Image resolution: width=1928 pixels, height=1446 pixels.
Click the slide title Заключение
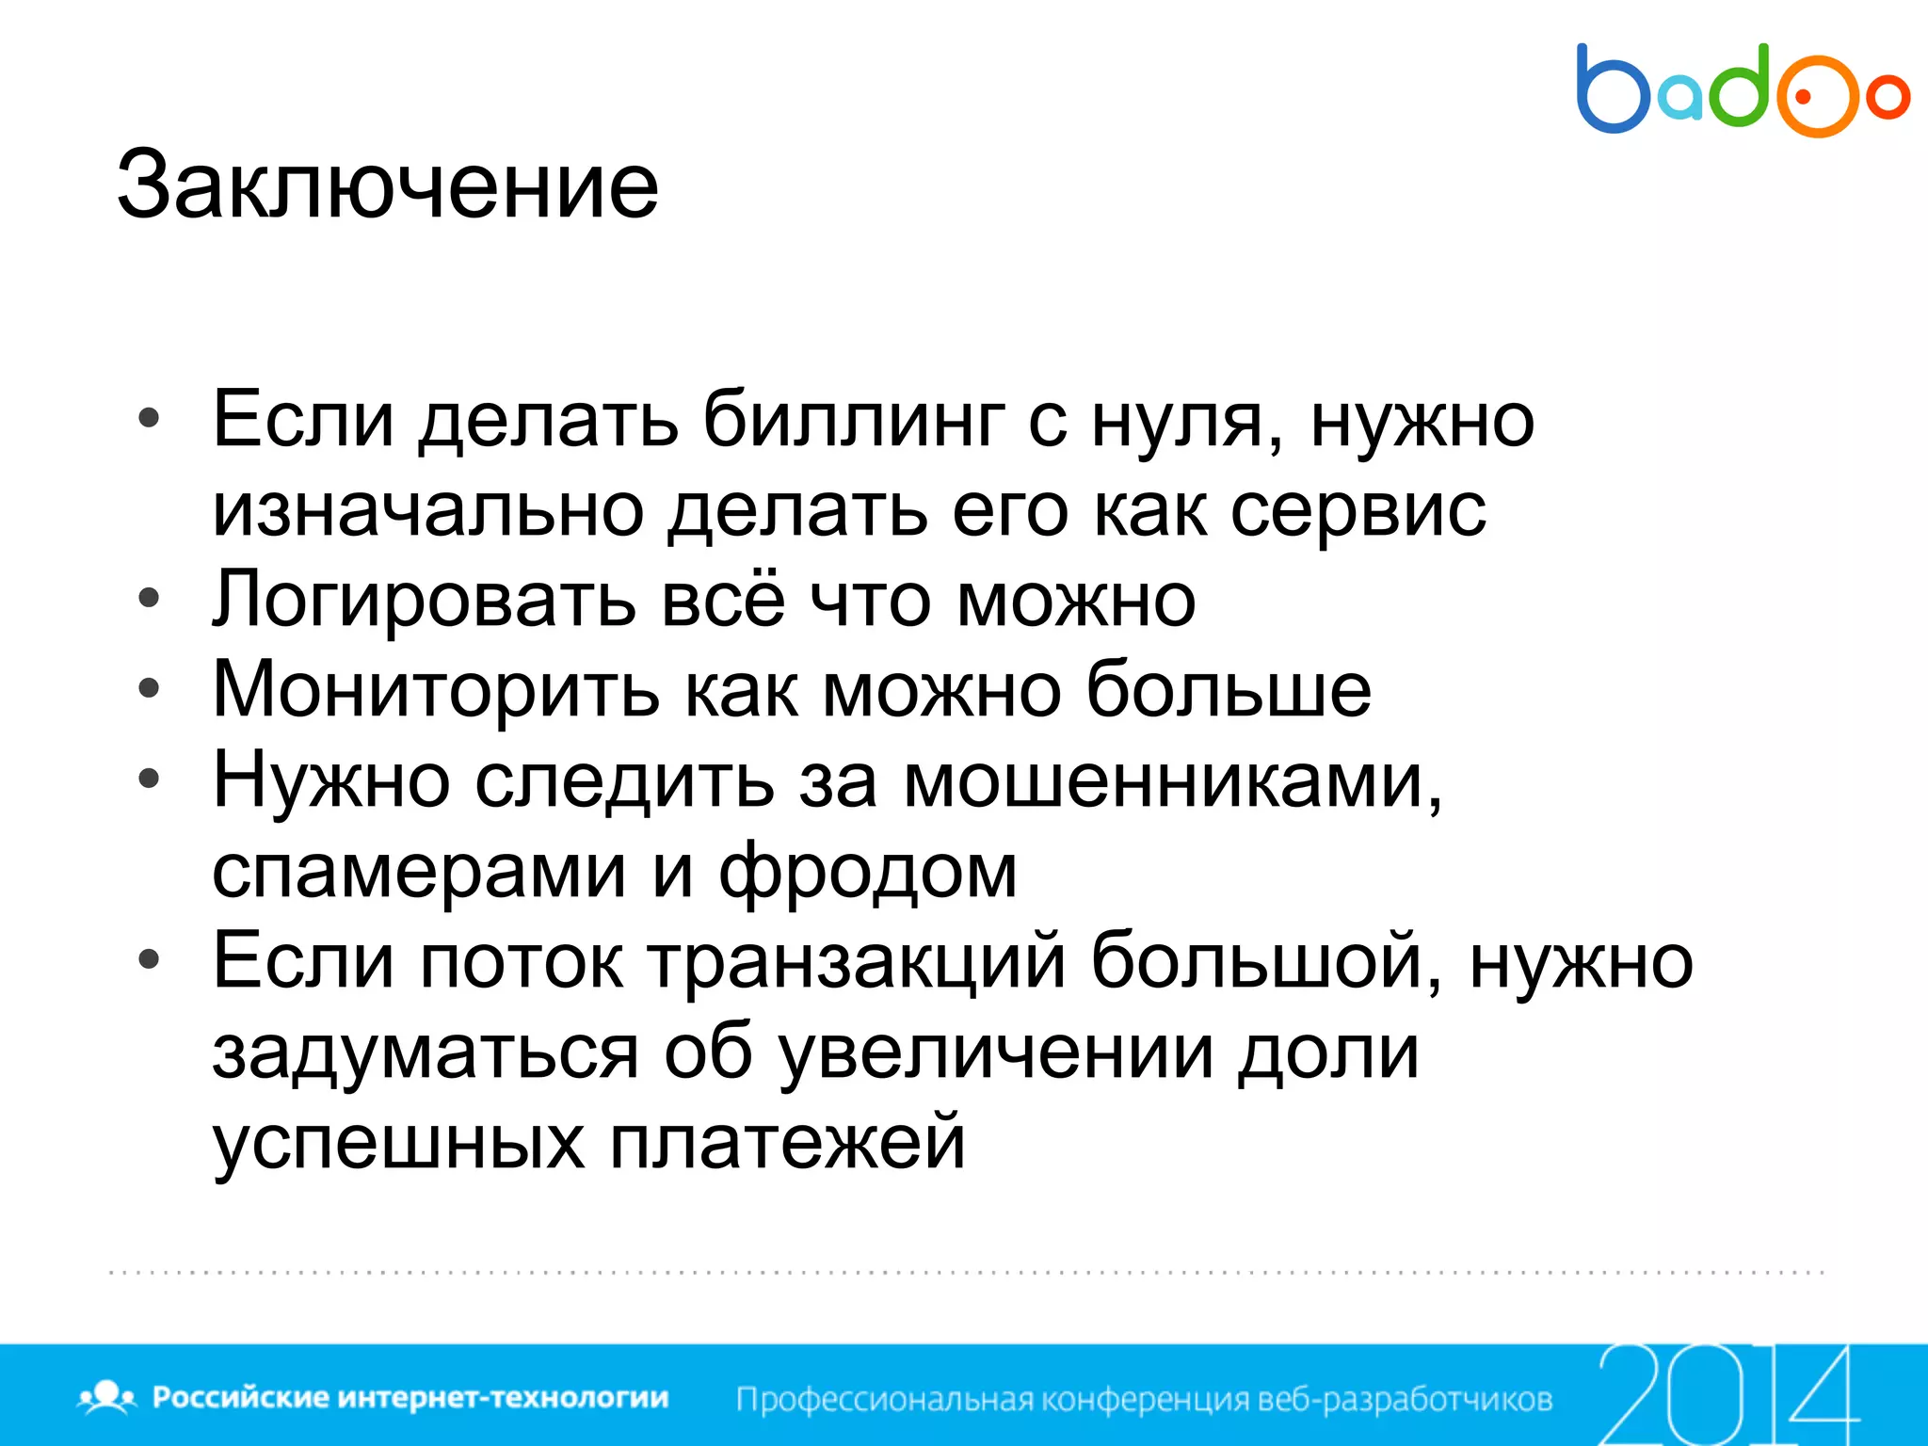pyautogui.click(x=387, y=185)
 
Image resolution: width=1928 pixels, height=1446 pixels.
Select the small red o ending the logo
pyautogui.click(x=1888, y=97)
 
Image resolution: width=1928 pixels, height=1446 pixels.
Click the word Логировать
pyautogui.click(x=424, y=600)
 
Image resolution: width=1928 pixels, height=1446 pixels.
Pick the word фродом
pyautogui.click(x=868, y=871)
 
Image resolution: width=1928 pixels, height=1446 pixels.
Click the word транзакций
pyautogui.click(x=857, y=961)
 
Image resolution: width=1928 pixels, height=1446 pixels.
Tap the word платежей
pyautogui.click(x=787, y=1142)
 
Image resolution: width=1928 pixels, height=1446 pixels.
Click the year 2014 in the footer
pyautogui.click(x=1727, y=1394)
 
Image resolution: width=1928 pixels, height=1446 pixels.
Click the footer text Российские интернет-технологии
pyautogui.click(x=410, y=1397)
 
